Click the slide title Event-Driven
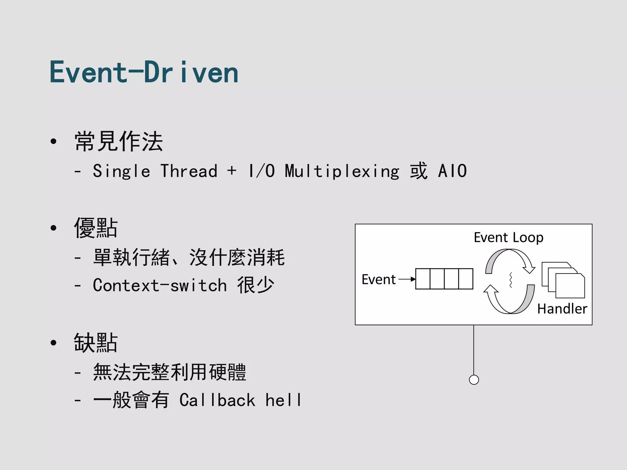144,73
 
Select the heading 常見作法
118,141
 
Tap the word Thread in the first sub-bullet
189,171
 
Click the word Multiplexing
342,171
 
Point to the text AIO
452,171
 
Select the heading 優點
96,228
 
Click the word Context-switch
160,285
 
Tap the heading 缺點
96,343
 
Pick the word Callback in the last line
217,400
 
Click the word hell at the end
283,400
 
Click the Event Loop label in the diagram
509,237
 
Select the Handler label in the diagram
562,309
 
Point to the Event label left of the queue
379,279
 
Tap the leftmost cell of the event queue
423,279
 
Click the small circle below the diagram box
474,380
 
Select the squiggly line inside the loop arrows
510,280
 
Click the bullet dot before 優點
54,228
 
